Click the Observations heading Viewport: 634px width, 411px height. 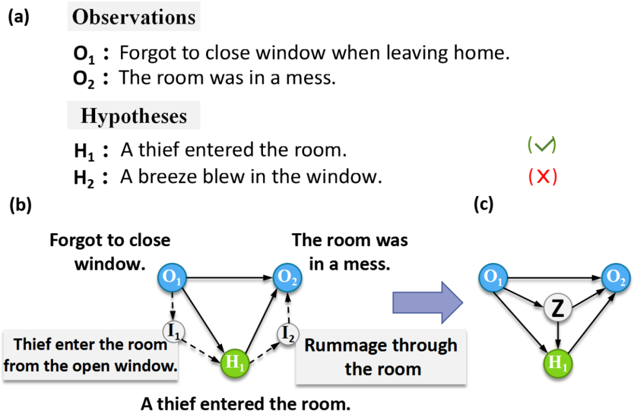click(x=133, y=17)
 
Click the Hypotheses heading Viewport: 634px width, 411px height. click(x=133, y=116)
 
